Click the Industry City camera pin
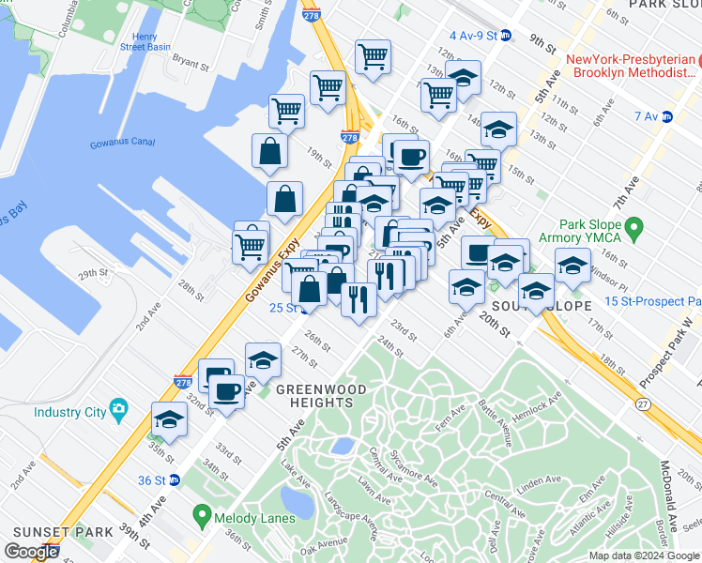118,408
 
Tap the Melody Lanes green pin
201,514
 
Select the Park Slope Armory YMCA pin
633,228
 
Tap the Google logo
31,552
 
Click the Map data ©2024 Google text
644,555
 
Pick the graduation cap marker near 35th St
169,420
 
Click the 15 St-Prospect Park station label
653,301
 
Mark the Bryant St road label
190,64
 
